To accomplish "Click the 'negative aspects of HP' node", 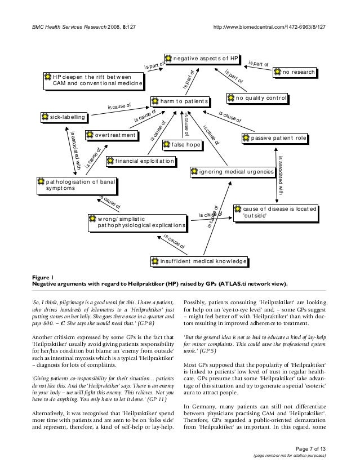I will pos(202,59).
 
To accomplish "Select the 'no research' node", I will pos(294,72).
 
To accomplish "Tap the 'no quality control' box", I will pos(258,98).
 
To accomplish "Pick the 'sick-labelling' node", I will pos(64,117).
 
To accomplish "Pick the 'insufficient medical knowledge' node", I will pos(199,262).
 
